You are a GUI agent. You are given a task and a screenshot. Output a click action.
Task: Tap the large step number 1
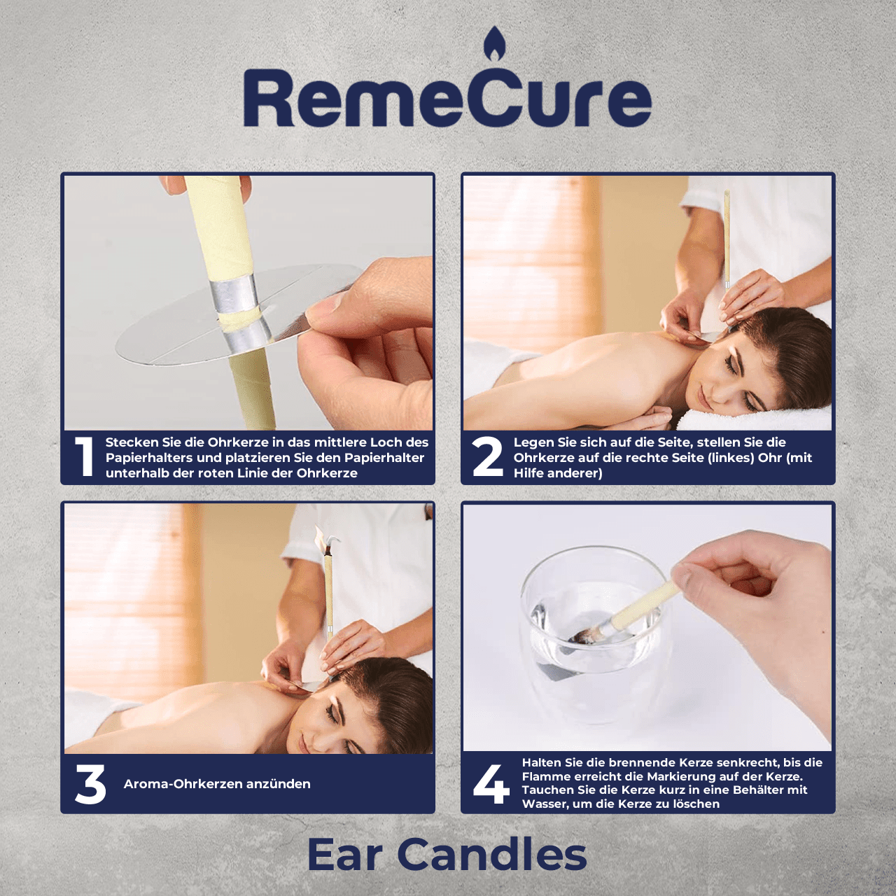(x=84, y=457)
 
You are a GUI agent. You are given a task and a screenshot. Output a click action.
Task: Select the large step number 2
(x=486, y=457)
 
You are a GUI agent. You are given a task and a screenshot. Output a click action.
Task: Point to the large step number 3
(x=90, y=784)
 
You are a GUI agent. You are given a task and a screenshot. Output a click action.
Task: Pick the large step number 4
(x=491, y=784)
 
